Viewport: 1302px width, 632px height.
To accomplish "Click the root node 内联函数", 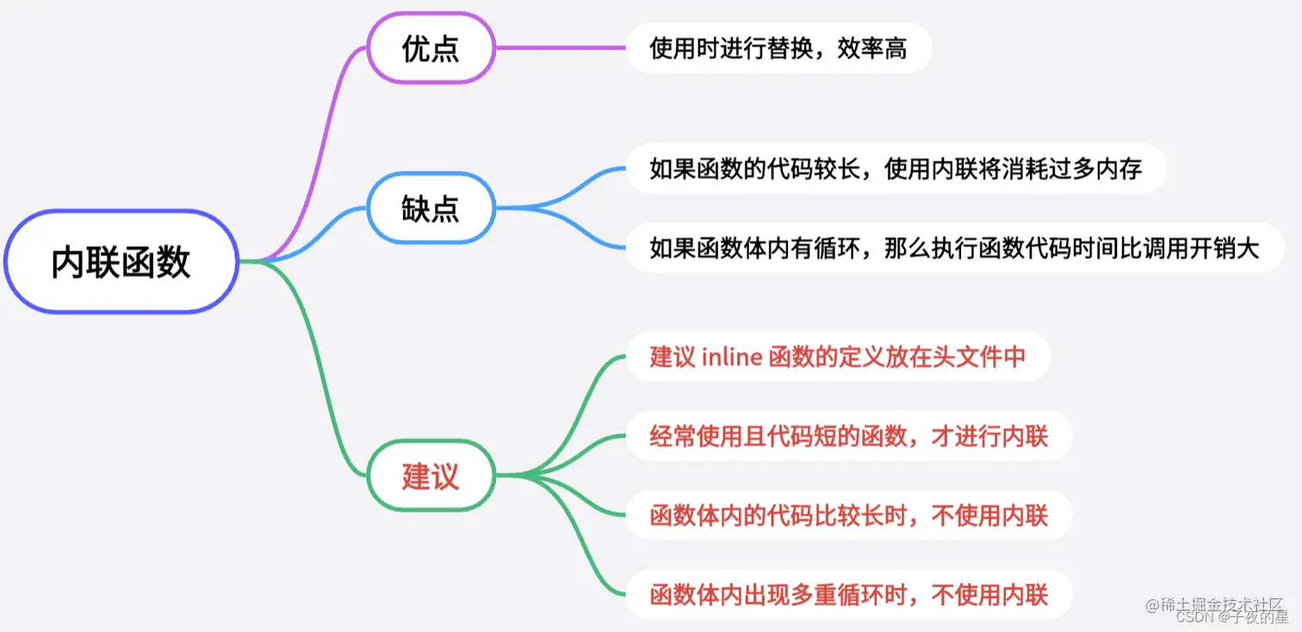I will pos(121,261).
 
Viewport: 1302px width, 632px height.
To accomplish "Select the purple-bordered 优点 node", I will pos(431,48).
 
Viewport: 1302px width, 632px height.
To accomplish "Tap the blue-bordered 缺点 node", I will pos(431,208).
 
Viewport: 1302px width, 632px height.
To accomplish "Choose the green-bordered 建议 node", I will pos(431,475).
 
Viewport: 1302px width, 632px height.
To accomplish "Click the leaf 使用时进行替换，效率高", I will pos(778,48).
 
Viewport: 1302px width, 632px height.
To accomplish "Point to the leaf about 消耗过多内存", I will pos(896,169).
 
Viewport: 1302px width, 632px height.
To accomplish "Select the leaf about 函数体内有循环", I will pos(954,248).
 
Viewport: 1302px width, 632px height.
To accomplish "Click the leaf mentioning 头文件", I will pos(838,356).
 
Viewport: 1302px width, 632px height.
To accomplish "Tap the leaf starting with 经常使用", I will pos(848,436).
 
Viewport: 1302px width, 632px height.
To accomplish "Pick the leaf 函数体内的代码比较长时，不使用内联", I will pos(848,516).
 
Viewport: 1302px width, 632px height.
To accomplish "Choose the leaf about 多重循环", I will pos(848,594).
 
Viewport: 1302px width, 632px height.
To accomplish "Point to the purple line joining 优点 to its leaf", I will pos(560,48).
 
